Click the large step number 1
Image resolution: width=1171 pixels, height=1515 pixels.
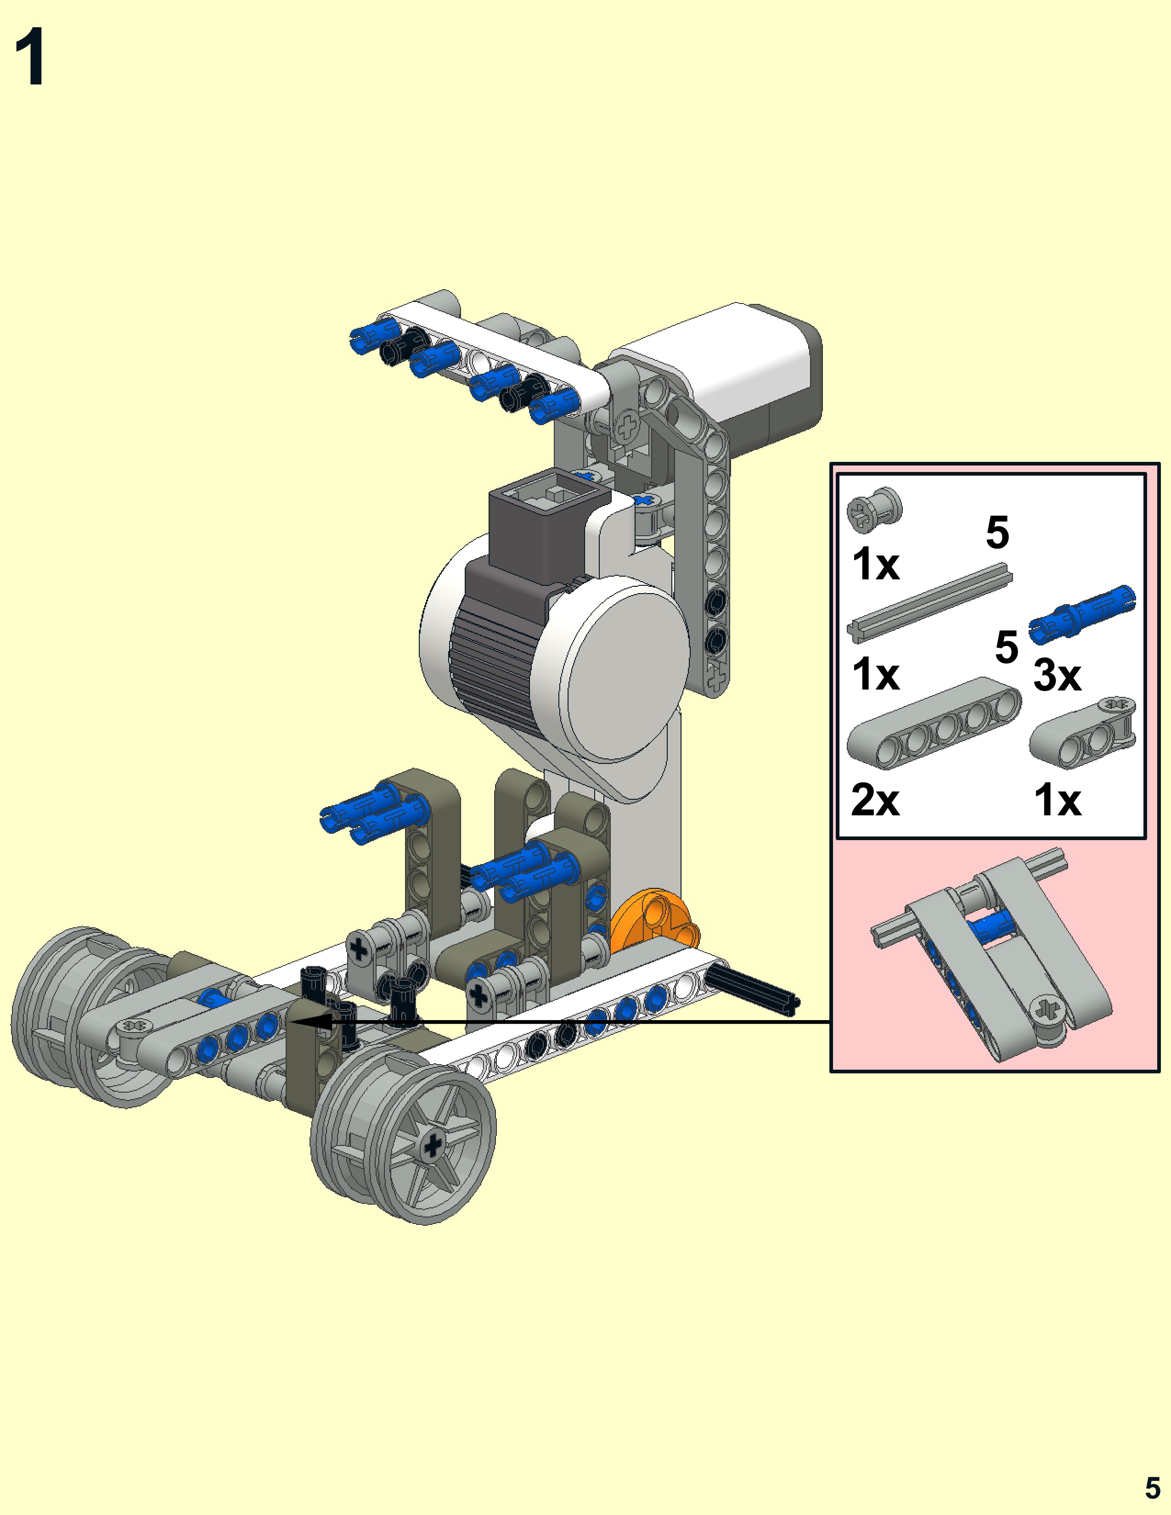coord(30,57)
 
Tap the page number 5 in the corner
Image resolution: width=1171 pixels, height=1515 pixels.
coord(1152,1488)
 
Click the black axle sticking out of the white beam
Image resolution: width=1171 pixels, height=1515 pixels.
coord(752,990)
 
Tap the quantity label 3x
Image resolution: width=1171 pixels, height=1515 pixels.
coord(1057,674)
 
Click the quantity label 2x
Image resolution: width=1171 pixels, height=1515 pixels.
coord(875,800)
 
